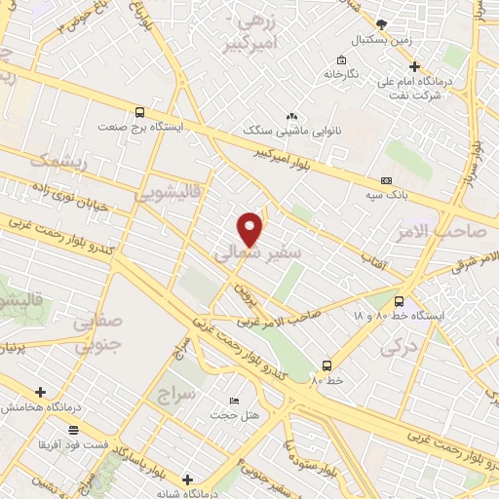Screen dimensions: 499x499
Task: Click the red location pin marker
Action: pyautogui.click(x=250, y=227)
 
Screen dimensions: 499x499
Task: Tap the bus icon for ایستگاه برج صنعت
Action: pyautogui.click(x=140, y=112)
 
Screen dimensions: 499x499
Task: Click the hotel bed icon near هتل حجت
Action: pyautogui.click(x=233, y=402)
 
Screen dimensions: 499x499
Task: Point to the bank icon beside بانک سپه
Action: pyautogui.click(x=387, y=179)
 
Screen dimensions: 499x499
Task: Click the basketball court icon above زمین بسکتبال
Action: pyautogui.click(x=381, y=22)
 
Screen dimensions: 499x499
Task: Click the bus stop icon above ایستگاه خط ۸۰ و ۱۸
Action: pyautogui.click(x=399, y=300)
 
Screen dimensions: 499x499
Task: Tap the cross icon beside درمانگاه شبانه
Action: pyautogui.click(x=187, y=480)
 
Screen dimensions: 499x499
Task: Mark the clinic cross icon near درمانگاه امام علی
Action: pyautogui.click(x=414, y=67)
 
